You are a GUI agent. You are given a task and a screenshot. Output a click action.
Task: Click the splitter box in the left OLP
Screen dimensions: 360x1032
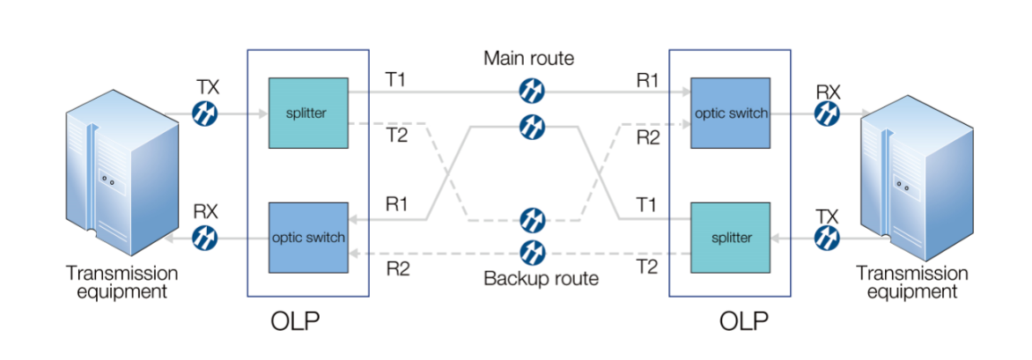[x=307, y=113]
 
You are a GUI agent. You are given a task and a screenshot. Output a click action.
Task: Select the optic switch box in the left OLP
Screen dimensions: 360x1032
[x=308, y=237]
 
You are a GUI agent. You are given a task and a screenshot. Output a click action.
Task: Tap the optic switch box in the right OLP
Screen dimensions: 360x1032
[x=730, y=113]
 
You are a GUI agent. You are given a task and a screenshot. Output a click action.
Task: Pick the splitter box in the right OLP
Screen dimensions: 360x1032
[x=730, y=238]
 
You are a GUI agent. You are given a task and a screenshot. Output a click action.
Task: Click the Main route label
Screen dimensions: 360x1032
[x=528, y=59]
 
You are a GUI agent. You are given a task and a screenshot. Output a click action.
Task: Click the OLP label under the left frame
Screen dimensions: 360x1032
[x=295, y=321]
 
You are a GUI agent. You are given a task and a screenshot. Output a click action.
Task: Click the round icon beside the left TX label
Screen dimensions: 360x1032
[x=204, y=114]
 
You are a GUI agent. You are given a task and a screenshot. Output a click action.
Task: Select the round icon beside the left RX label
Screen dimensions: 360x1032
[x=204, y=238]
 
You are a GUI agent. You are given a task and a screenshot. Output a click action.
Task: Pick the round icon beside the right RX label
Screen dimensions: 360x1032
[x=827, y=114]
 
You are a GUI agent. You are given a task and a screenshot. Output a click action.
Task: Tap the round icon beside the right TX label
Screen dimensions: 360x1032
[x=827, y=238]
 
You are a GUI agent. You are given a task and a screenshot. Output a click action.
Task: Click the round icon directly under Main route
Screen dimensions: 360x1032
[x=532, y=90]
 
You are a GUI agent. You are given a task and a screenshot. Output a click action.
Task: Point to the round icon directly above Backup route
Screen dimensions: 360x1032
[x=532, y=253]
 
